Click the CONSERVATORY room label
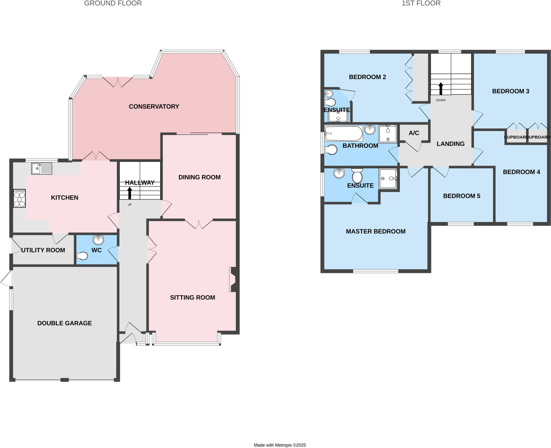(x=154, y=106)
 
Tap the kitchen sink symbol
(x=42, y=169)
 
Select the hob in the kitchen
(x=19, y=198)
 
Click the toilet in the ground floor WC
(x=82, y=256)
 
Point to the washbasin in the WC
(x=98, y=239)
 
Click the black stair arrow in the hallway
(x=130, y=193)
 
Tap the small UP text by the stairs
(x=130, y=205)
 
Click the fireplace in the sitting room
(x=233, y=279)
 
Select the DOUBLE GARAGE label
(x=65, y=323)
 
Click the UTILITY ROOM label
(x=43, y=250)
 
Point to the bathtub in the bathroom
(x=343, y=133)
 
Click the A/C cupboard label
(x=414, y=133)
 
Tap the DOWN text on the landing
(x=441, y=100)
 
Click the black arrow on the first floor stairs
(x=441, y=89)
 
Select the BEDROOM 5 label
(x=462, y=196)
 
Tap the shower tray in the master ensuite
(x=388, y=178)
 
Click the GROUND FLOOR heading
(x=113, y=3)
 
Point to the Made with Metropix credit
(x=280, y=445)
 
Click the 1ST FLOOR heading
(x=421, y=3)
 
